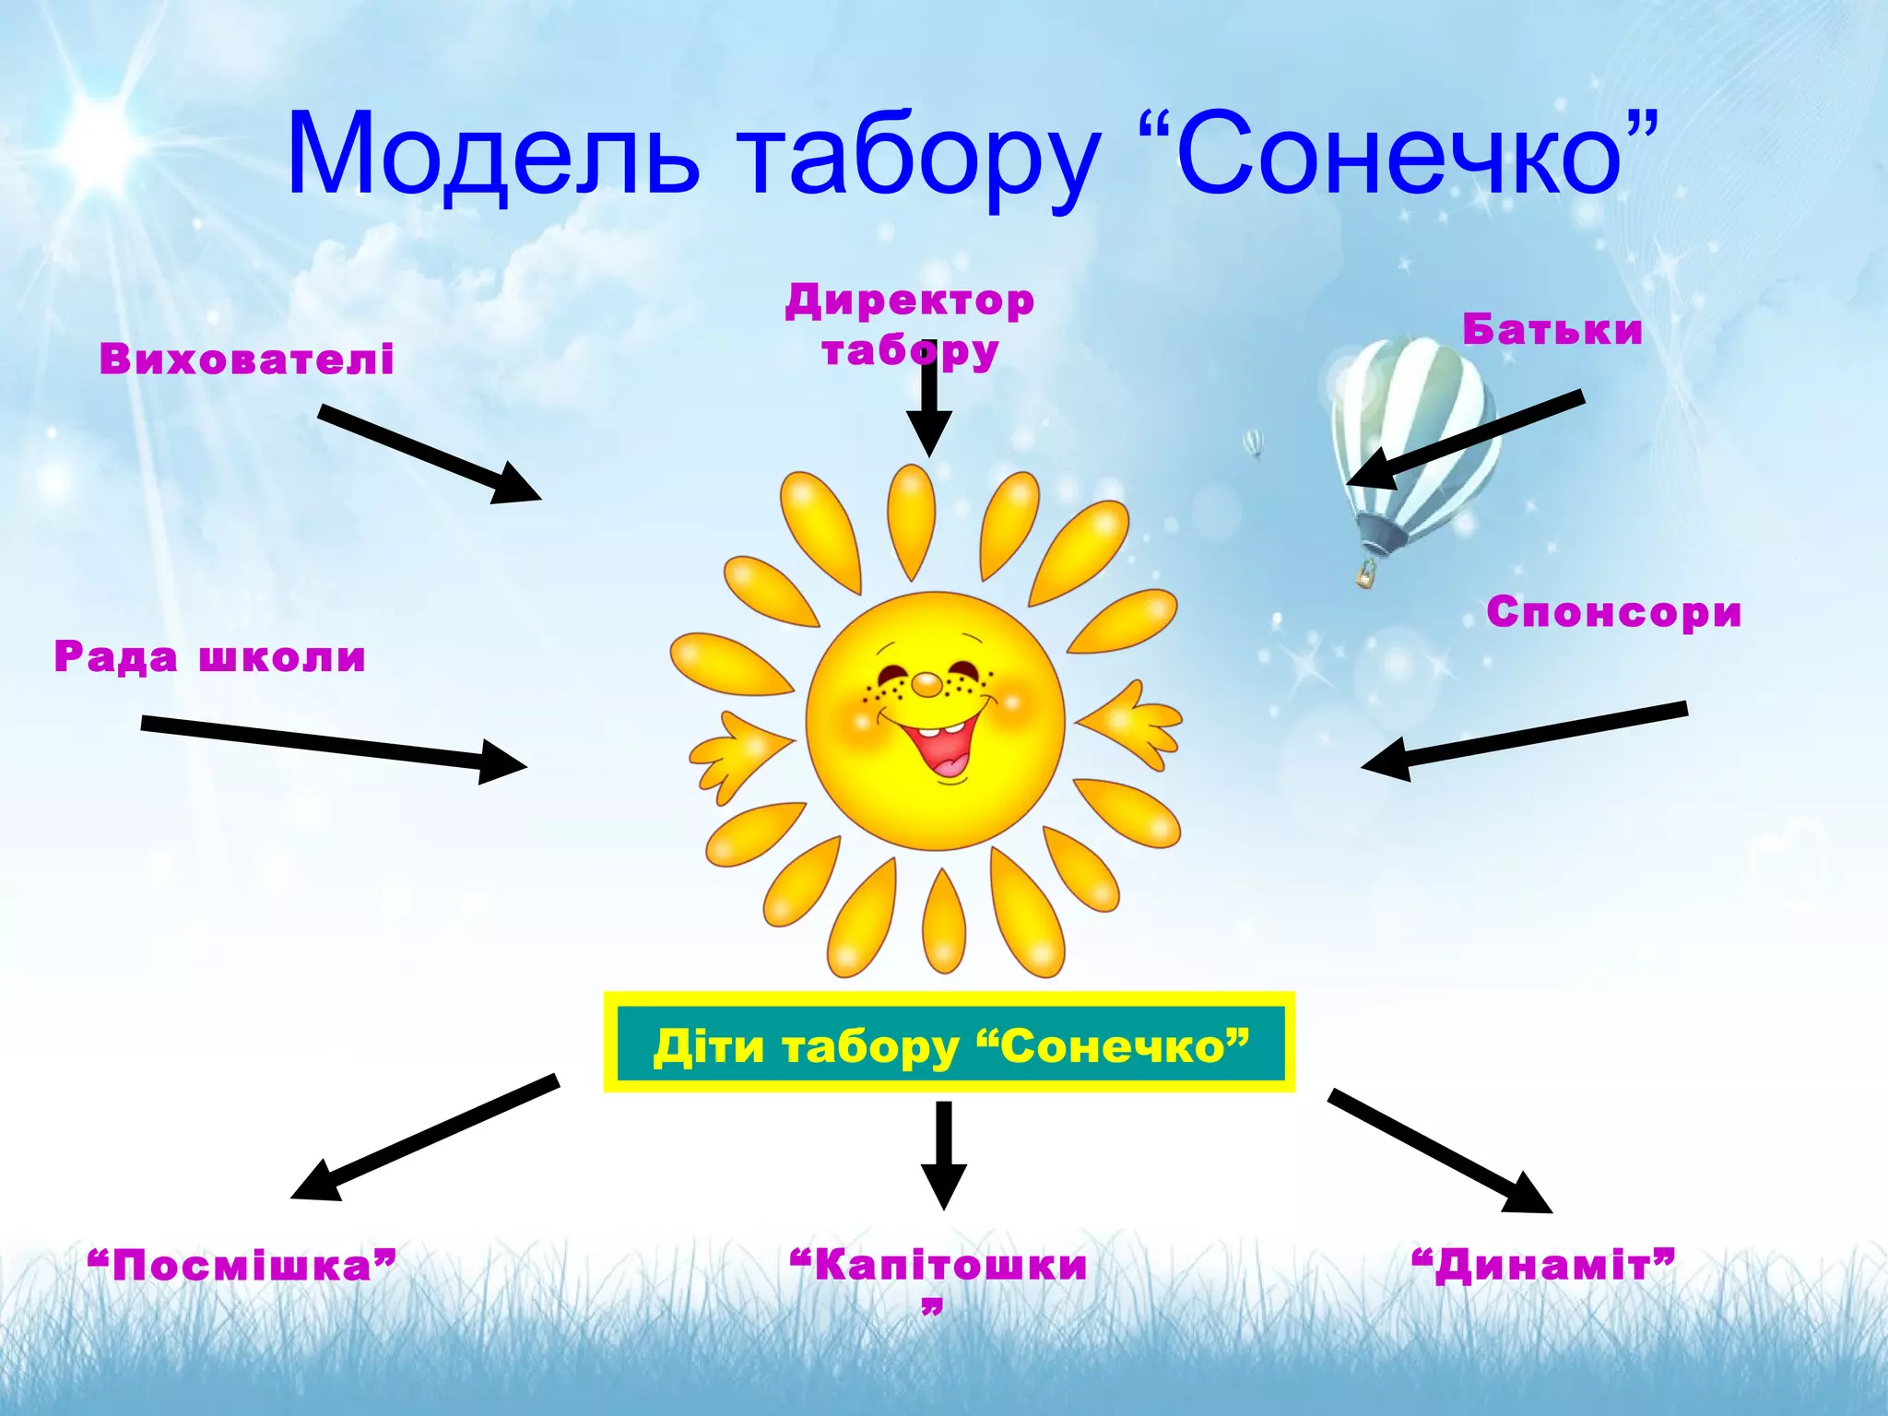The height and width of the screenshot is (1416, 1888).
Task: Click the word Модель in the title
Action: [x=493, y=155]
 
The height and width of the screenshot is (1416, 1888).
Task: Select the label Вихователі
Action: [x=246, y=359]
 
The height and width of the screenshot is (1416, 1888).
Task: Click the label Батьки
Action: [x=1552, y=330]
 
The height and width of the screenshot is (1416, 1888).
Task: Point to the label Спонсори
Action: [x=1613, y=612]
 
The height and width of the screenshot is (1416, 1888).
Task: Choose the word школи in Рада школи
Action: [x=283, y=657]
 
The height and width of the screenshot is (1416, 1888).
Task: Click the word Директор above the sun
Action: [x=910, y=301]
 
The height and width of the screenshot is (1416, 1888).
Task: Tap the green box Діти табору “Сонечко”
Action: [x=950, y=1044]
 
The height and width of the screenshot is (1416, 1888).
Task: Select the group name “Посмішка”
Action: [x=242, y=1266]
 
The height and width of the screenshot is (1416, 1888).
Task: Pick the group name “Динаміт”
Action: [x=1543, y=1266]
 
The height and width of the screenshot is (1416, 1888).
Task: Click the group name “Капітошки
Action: [x=938, y=1266]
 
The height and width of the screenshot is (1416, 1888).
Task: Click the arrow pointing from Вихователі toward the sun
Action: [x=429, y=454]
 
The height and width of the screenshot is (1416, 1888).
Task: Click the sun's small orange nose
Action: [x=926, y=685]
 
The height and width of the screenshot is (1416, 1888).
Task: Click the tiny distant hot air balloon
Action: [x=1252, y=444]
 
